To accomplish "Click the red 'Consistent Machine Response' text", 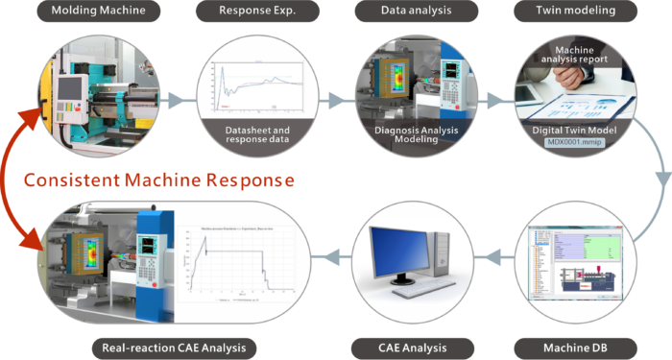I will pos(159,180).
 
